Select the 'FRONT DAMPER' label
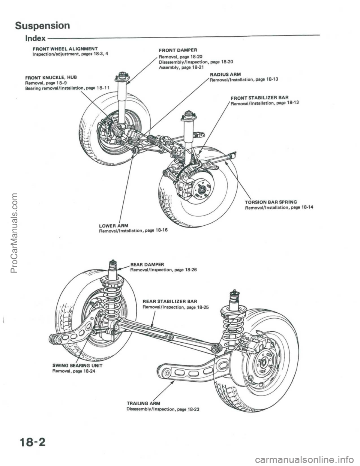tap(178, 49)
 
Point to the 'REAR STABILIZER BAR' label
tap(167, 301)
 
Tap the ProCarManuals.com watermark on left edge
tap(6, 233)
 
